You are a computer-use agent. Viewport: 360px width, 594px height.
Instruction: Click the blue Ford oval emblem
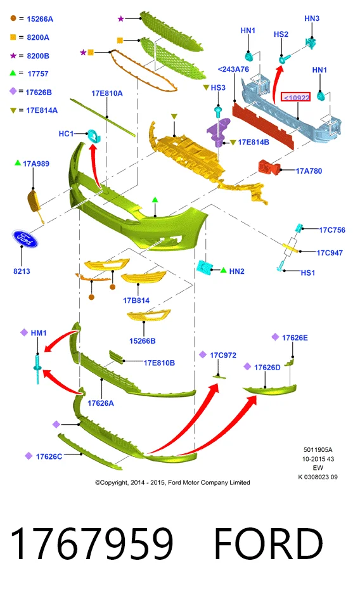pos(25,238)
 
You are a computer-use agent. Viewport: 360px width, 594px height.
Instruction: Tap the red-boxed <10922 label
pos(295,98)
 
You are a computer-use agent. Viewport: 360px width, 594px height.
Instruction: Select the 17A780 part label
pos(309,171)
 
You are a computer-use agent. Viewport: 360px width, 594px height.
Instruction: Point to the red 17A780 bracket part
pos(269,167)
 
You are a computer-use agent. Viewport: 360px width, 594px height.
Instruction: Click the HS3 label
pos(218,87)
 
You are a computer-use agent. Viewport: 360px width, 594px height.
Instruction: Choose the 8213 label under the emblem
pos(22,271)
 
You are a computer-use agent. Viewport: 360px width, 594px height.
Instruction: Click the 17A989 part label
pos(36,164)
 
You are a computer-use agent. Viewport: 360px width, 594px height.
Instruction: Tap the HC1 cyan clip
pos(93,135)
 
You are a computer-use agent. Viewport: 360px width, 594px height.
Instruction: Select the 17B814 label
pos(136,300)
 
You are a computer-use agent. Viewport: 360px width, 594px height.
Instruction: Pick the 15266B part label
pos(143,341)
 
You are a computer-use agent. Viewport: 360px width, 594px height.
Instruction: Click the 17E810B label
pos(159,363)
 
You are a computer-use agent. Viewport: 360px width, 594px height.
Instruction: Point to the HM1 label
pos(39,333)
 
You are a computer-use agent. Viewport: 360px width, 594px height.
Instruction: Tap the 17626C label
pos(49,456)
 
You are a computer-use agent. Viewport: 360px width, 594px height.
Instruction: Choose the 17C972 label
pos(223,355)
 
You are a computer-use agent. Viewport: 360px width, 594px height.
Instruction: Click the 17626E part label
pos(295,337)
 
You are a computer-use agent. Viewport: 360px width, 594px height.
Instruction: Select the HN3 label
pos(312,18)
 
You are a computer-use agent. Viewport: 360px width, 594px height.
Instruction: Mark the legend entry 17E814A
pos(42,110)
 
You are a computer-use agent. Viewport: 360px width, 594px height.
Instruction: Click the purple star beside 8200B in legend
pos(13,56)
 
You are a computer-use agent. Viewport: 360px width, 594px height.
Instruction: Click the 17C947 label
pos(330,253)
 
